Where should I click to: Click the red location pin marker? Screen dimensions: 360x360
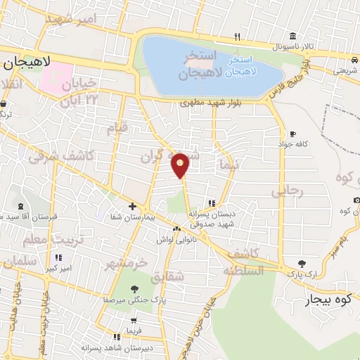pyautogui.click(x=181, y=165)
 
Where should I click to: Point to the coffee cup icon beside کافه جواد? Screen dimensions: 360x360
pyautogui.click(x=292, y=134)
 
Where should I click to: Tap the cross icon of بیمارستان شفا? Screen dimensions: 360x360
pyautogui.click(x=132, y=206)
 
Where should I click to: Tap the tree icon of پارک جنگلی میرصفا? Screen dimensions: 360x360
pyautogui.click(x=134, y=289)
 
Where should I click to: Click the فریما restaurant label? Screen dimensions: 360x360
pyautogui.click(x=133, y=330)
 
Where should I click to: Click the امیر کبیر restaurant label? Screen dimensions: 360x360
pyautogui.click(x=57, y=269)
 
